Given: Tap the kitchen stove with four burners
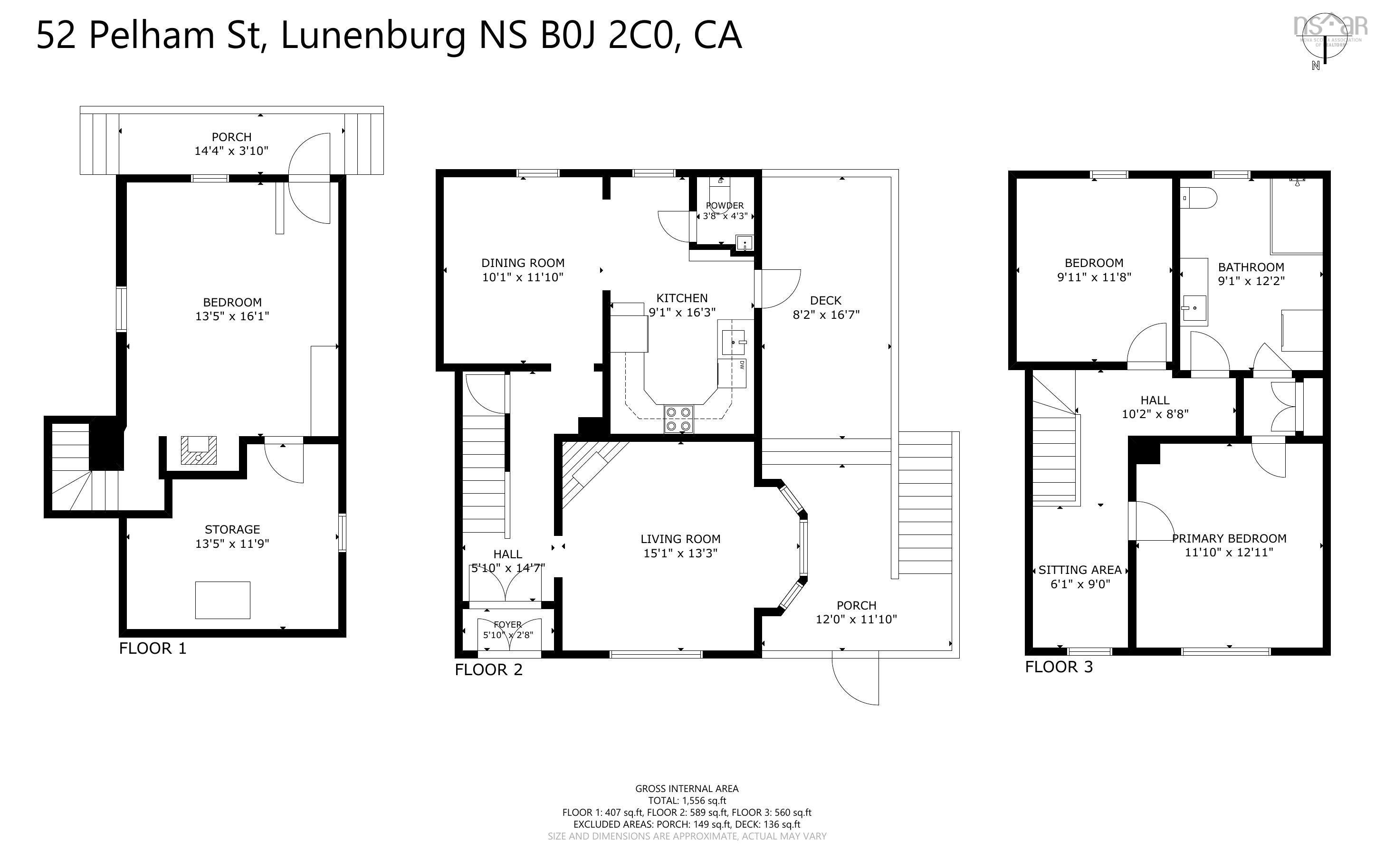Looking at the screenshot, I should [678, 419].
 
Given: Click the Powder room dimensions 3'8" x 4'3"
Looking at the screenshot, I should [725, 216].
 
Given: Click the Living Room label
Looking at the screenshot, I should [680, 539].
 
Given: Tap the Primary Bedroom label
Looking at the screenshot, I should [1229, 538].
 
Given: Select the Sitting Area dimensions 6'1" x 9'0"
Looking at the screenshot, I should [1079, 584].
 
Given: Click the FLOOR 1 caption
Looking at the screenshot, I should [152, 648].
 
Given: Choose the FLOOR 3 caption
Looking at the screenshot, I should [1058, 667].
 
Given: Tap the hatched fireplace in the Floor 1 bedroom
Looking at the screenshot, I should [198, 450].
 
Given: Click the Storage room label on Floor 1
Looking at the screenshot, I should [232, 529].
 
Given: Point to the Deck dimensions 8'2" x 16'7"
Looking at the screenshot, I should [826, 314].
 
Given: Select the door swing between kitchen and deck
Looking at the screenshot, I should [779, 288].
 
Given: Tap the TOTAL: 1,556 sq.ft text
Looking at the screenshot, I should [687, 801].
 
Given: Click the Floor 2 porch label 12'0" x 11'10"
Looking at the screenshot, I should [856, 619].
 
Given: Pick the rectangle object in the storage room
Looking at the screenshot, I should [223, 600].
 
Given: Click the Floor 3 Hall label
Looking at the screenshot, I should [1155, 400].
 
